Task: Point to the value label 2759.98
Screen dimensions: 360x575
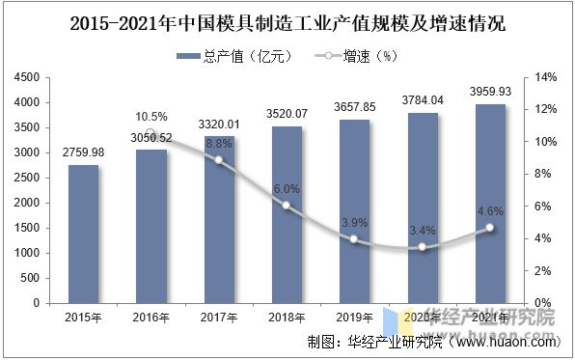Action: tap(83, 153)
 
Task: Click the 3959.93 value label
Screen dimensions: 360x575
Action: tap(490, 93)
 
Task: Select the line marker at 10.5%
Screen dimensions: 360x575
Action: tap(151, 134)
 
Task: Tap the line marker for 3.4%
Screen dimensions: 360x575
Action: tap(422, 247)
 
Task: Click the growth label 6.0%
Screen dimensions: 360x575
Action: tap(287, 189)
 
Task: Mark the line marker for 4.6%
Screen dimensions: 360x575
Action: tap(489, 228)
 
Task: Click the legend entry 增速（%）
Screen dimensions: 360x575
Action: tap(359, 56)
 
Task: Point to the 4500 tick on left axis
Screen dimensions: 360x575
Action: tap(28, 77)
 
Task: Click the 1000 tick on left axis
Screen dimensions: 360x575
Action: tap(28, 253)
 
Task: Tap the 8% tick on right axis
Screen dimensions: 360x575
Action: tap(543, 174)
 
